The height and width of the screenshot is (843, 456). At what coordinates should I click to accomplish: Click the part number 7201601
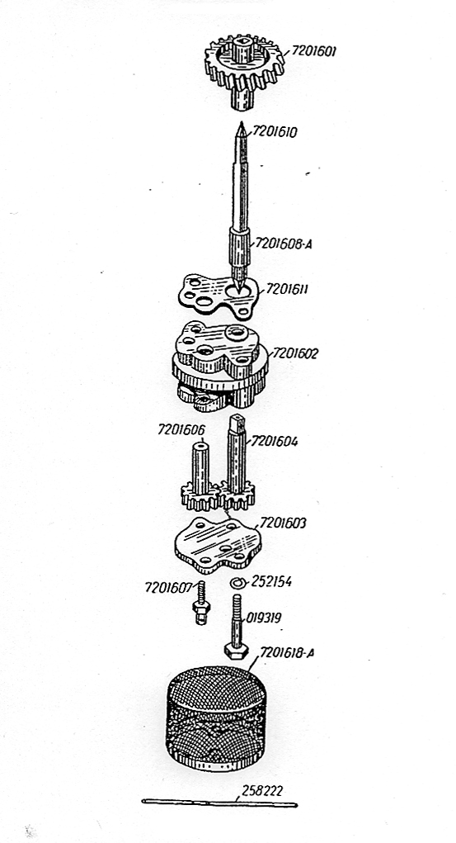click(313, 52)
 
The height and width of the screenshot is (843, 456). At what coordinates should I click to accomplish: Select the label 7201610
click(275, 132)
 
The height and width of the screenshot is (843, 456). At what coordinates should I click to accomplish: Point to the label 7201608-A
click(284, 244)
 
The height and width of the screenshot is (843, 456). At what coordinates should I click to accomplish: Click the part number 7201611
click(287, 289)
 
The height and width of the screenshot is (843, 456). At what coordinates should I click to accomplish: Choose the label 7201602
click(295, 353)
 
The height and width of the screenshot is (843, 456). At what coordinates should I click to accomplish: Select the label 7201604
click(274, 442)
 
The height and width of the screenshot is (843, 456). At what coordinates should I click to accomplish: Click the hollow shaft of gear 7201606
click(201, 466)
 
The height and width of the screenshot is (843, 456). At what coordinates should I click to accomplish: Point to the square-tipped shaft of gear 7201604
click(237, 452)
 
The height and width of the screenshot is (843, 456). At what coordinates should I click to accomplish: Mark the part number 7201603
click(283, 523)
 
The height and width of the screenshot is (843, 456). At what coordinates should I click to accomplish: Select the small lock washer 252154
click(237, 583)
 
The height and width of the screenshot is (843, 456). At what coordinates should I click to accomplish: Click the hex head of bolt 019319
click(236, 651)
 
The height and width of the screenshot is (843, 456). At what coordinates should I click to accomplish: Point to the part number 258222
click(262, 791)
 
